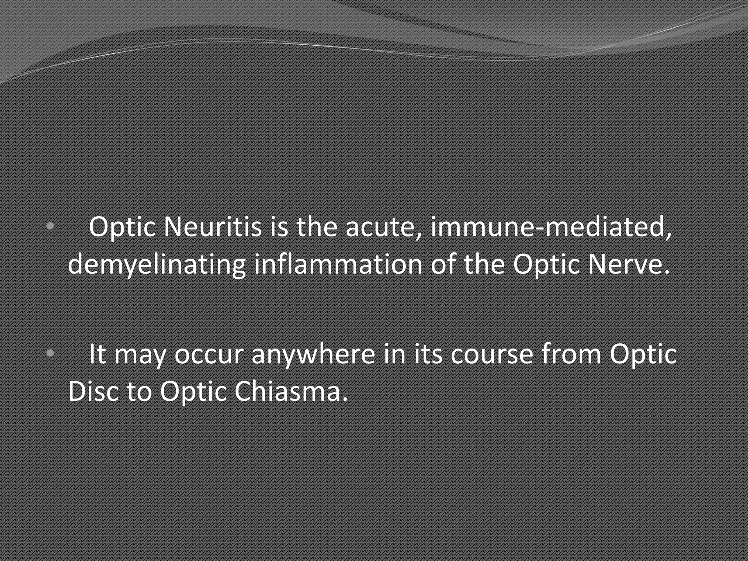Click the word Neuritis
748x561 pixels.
pyautogui.click(x=212, y=227)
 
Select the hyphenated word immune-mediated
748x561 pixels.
pyautogui.click(x=551, y=227)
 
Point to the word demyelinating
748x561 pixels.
pyautogui.click(x=157, y=264)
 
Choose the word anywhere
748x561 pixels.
pyautogui.click(x=313, y=354)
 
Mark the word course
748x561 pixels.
pyautogui.click(x=492, y=354)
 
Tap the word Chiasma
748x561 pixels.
pyautogui.click(x=290, y=392)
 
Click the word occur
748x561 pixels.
pyautogui.click(x=209, y=354)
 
